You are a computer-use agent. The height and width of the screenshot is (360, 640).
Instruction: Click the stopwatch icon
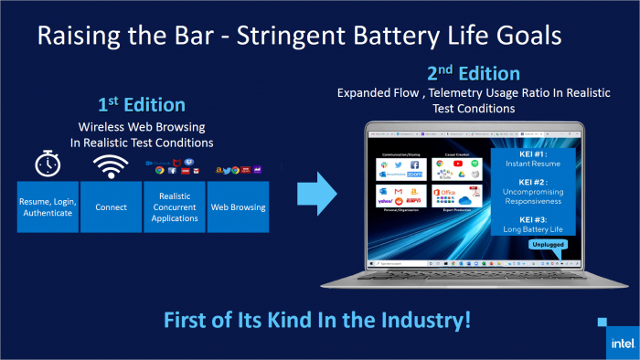pyautogui.click(x=48, y=164)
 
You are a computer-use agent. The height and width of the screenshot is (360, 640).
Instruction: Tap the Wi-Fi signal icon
pyautogui.click(x=110, y=164)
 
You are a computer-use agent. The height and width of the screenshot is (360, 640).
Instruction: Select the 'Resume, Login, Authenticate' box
pyautogui.click(x=48, y=206)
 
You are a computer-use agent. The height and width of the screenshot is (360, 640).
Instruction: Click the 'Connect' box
pyautogui.click(x=111, y=206)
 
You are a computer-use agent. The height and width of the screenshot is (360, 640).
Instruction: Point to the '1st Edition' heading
pyautogui.click(x=142, y=105)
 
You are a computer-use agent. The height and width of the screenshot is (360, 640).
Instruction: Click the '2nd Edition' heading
pyautogui.click(x=473, y=73)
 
